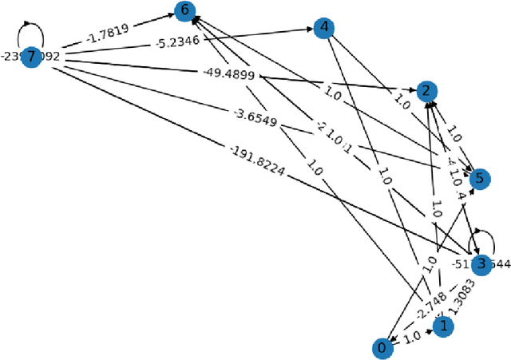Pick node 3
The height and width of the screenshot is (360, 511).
481,265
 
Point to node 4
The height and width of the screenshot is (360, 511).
323,28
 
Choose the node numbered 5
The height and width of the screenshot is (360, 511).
478,178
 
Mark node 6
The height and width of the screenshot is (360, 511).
185,10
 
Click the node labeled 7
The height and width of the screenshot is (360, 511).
31,57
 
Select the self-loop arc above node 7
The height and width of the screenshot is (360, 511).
31,32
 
